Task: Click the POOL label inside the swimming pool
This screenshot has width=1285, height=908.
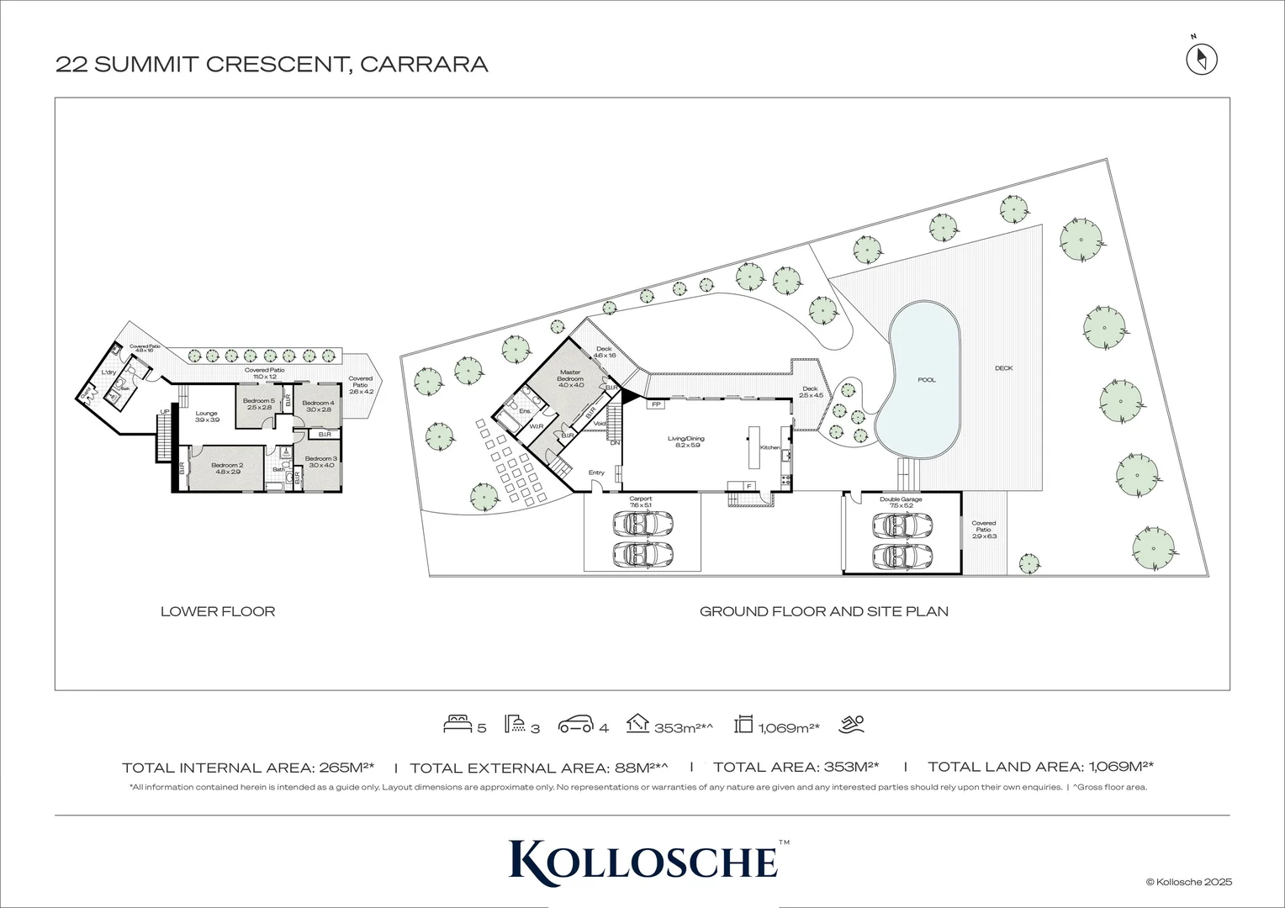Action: click(x=926, y=380)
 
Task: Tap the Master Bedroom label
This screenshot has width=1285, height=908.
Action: click(x=570, y=376)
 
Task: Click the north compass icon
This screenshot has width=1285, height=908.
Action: click(x=1202, y=59)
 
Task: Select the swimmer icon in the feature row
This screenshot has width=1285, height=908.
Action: click(x=851, y=724)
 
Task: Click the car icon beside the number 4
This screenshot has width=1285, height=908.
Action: click(x=575, y=724)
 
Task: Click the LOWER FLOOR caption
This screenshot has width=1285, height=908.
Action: click(x=218, y=611)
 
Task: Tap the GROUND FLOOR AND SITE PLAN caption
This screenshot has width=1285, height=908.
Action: click(x=823, y=611)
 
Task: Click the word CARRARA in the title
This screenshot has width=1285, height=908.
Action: click(x=424, y=65)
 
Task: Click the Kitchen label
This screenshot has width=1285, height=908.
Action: click(x=769, y=447)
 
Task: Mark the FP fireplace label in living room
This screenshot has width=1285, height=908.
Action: click(x=655, y=404)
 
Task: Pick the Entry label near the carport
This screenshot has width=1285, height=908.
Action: click(x=596, y=472)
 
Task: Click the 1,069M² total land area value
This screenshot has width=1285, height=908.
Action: click(x=1121, y=767)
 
